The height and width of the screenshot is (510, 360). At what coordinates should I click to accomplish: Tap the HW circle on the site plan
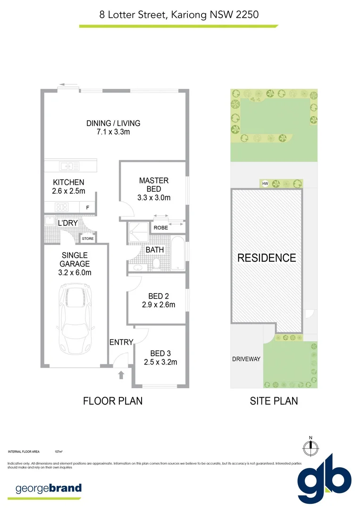tap(265, 184)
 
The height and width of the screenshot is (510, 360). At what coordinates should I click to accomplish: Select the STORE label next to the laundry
tap(88, 239)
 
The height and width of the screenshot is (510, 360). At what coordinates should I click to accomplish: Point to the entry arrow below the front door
tap(121, 375)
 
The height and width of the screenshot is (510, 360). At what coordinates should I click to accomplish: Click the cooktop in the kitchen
tap(62, 206)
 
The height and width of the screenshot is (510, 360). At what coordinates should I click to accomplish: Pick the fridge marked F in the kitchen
tap(88, 207)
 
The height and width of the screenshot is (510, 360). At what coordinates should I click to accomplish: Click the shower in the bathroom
tap(138, 231)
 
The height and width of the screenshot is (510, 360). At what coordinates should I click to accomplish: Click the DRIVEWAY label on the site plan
tap(246, 359)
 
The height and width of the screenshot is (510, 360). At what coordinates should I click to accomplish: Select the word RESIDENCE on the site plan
tap(267, 258)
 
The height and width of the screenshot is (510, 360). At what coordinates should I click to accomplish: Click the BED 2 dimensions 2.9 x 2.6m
tap(159, 305)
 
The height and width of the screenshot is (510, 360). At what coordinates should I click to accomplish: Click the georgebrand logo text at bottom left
tap(49, 488)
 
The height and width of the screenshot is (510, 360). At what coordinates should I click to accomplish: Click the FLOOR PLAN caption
tap(113, 401)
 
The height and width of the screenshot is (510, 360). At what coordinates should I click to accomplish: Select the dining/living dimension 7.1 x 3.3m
tap(113, 132)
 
